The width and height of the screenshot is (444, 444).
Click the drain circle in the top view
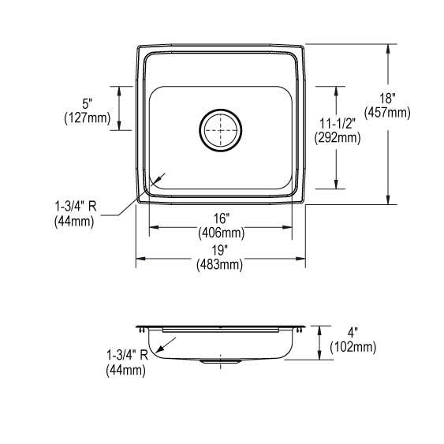220,109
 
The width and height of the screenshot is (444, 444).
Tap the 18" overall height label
387,99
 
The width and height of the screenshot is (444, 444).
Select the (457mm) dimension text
387,113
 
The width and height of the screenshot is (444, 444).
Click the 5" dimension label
88,103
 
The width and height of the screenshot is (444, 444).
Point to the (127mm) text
88,118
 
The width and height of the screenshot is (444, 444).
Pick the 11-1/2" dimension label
338,124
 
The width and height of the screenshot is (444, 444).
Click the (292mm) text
338,138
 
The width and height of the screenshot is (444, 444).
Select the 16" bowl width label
221,218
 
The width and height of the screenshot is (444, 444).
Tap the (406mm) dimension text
221,233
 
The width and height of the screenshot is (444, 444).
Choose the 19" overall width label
220,250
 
